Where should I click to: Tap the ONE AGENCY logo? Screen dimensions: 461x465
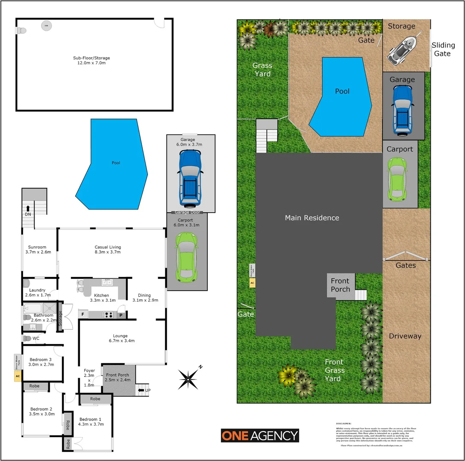click(259, 435)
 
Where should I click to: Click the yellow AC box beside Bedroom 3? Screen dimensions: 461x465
click(18, 376)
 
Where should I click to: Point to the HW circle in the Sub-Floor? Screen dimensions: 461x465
click(45, 26)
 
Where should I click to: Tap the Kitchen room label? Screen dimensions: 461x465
click(102, 295)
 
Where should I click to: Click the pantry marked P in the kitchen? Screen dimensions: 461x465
click(121, 315)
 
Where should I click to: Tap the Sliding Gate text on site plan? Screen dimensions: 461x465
click(442, 49)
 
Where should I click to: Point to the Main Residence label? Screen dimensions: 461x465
click(312, 218)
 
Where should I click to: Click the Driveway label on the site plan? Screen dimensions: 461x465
click(405, 336)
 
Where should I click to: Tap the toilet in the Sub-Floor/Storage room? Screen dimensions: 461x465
click(21, 31)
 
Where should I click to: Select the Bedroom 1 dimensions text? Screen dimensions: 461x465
click(91, 424)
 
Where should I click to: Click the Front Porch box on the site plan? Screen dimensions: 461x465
click(341, 285)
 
